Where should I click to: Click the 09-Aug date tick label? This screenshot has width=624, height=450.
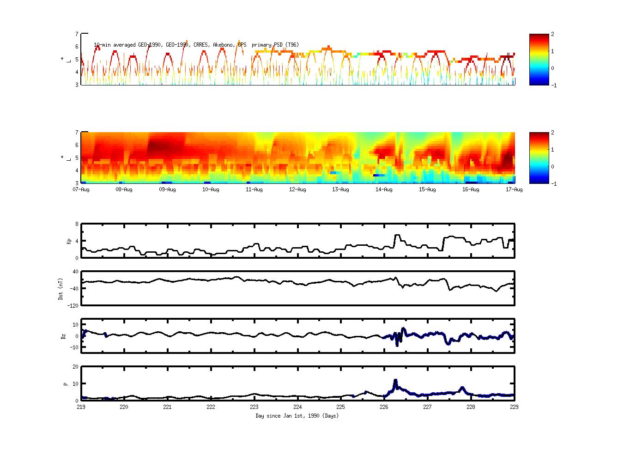click(167, 189)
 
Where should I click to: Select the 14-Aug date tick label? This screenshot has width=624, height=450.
click(384, 189)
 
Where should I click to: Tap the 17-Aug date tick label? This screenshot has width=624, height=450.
click(514, 189)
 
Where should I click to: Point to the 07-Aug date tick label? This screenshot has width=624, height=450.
click(81, 189)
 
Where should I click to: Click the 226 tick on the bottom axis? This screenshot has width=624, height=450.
click(384, 407)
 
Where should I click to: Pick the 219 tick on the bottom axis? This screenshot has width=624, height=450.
click(81, 407)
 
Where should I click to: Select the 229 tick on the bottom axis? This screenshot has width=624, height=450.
click(514, 407)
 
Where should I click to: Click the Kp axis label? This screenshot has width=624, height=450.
click(69, 241)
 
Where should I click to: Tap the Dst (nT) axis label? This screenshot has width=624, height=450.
click(61, 288)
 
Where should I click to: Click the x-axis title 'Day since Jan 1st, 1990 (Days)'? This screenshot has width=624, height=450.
click(297, 416)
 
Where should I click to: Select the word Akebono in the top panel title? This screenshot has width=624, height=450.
click(224, 45)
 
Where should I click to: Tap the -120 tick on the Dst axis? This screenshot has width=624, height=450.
click(73, 305)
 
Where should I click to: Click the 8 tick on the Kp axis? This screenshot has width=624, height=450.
click(77, 224)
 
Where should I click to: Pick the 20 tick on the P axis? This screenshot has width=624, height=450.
click(75, 367)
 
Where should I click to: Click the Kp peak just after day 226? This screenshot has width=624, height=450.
click(396, 235)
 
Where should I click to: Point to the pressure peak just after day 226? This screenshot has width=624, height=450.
click(395, 380)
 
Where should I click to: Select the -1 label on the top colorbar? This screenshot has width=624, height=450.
click(554, 85)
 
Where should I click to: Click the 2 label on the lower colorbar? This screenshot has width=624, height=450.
click(553, 133)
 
